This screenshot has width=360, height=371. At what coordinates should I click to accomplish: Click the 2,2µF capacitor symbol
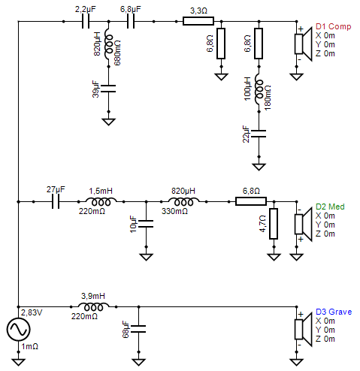86,22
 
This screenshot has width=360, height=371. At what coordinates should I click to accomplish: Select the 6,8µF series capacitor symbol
131,22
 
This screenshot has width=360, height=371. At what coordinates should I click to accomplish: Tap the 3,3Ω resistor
198,22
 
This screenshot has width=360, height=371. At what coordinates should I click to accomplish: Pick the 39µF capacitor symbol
108,88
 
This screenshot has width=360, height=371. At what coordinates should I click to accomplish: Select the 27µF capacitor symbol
56,201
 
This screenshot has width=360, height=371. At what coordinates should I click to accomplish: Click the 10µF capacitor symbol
146,223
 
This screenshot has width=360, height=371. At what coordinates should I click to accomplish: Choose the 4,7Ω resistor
274,223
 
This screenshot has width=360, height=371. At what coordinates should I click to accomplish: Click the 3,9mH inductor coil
93,306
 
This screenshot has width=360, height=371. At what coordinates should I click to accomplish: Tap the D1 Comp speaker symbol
301,44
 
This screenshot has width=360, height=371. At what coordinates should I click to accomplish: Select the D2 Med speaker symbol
301,224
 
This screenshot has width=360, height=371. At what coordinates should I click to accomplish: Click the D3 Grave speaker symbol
301,329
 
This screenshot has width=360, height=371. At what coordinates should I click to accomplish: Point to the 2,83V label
32,311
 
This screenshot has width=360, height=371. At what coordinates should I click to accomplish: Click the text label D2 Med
331,207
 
